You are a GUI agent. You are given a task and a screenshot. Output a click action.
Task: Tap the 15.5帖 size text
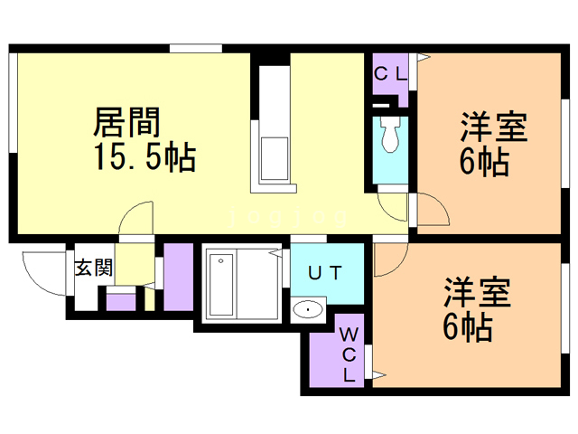[x=144, y=158]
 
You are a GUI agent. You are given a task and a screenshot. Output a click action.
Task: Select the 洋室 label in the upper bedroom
[x=493, y=127]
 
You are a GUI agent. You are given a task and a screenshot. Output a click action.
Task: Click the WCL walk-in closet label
[x=348, y=354]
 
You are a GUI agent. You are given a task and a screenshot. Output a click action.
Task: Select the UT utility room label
[x=326, y=271]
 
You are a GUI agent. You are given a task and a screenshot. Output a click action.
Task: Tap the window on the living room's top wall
[x=196, y=48]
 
